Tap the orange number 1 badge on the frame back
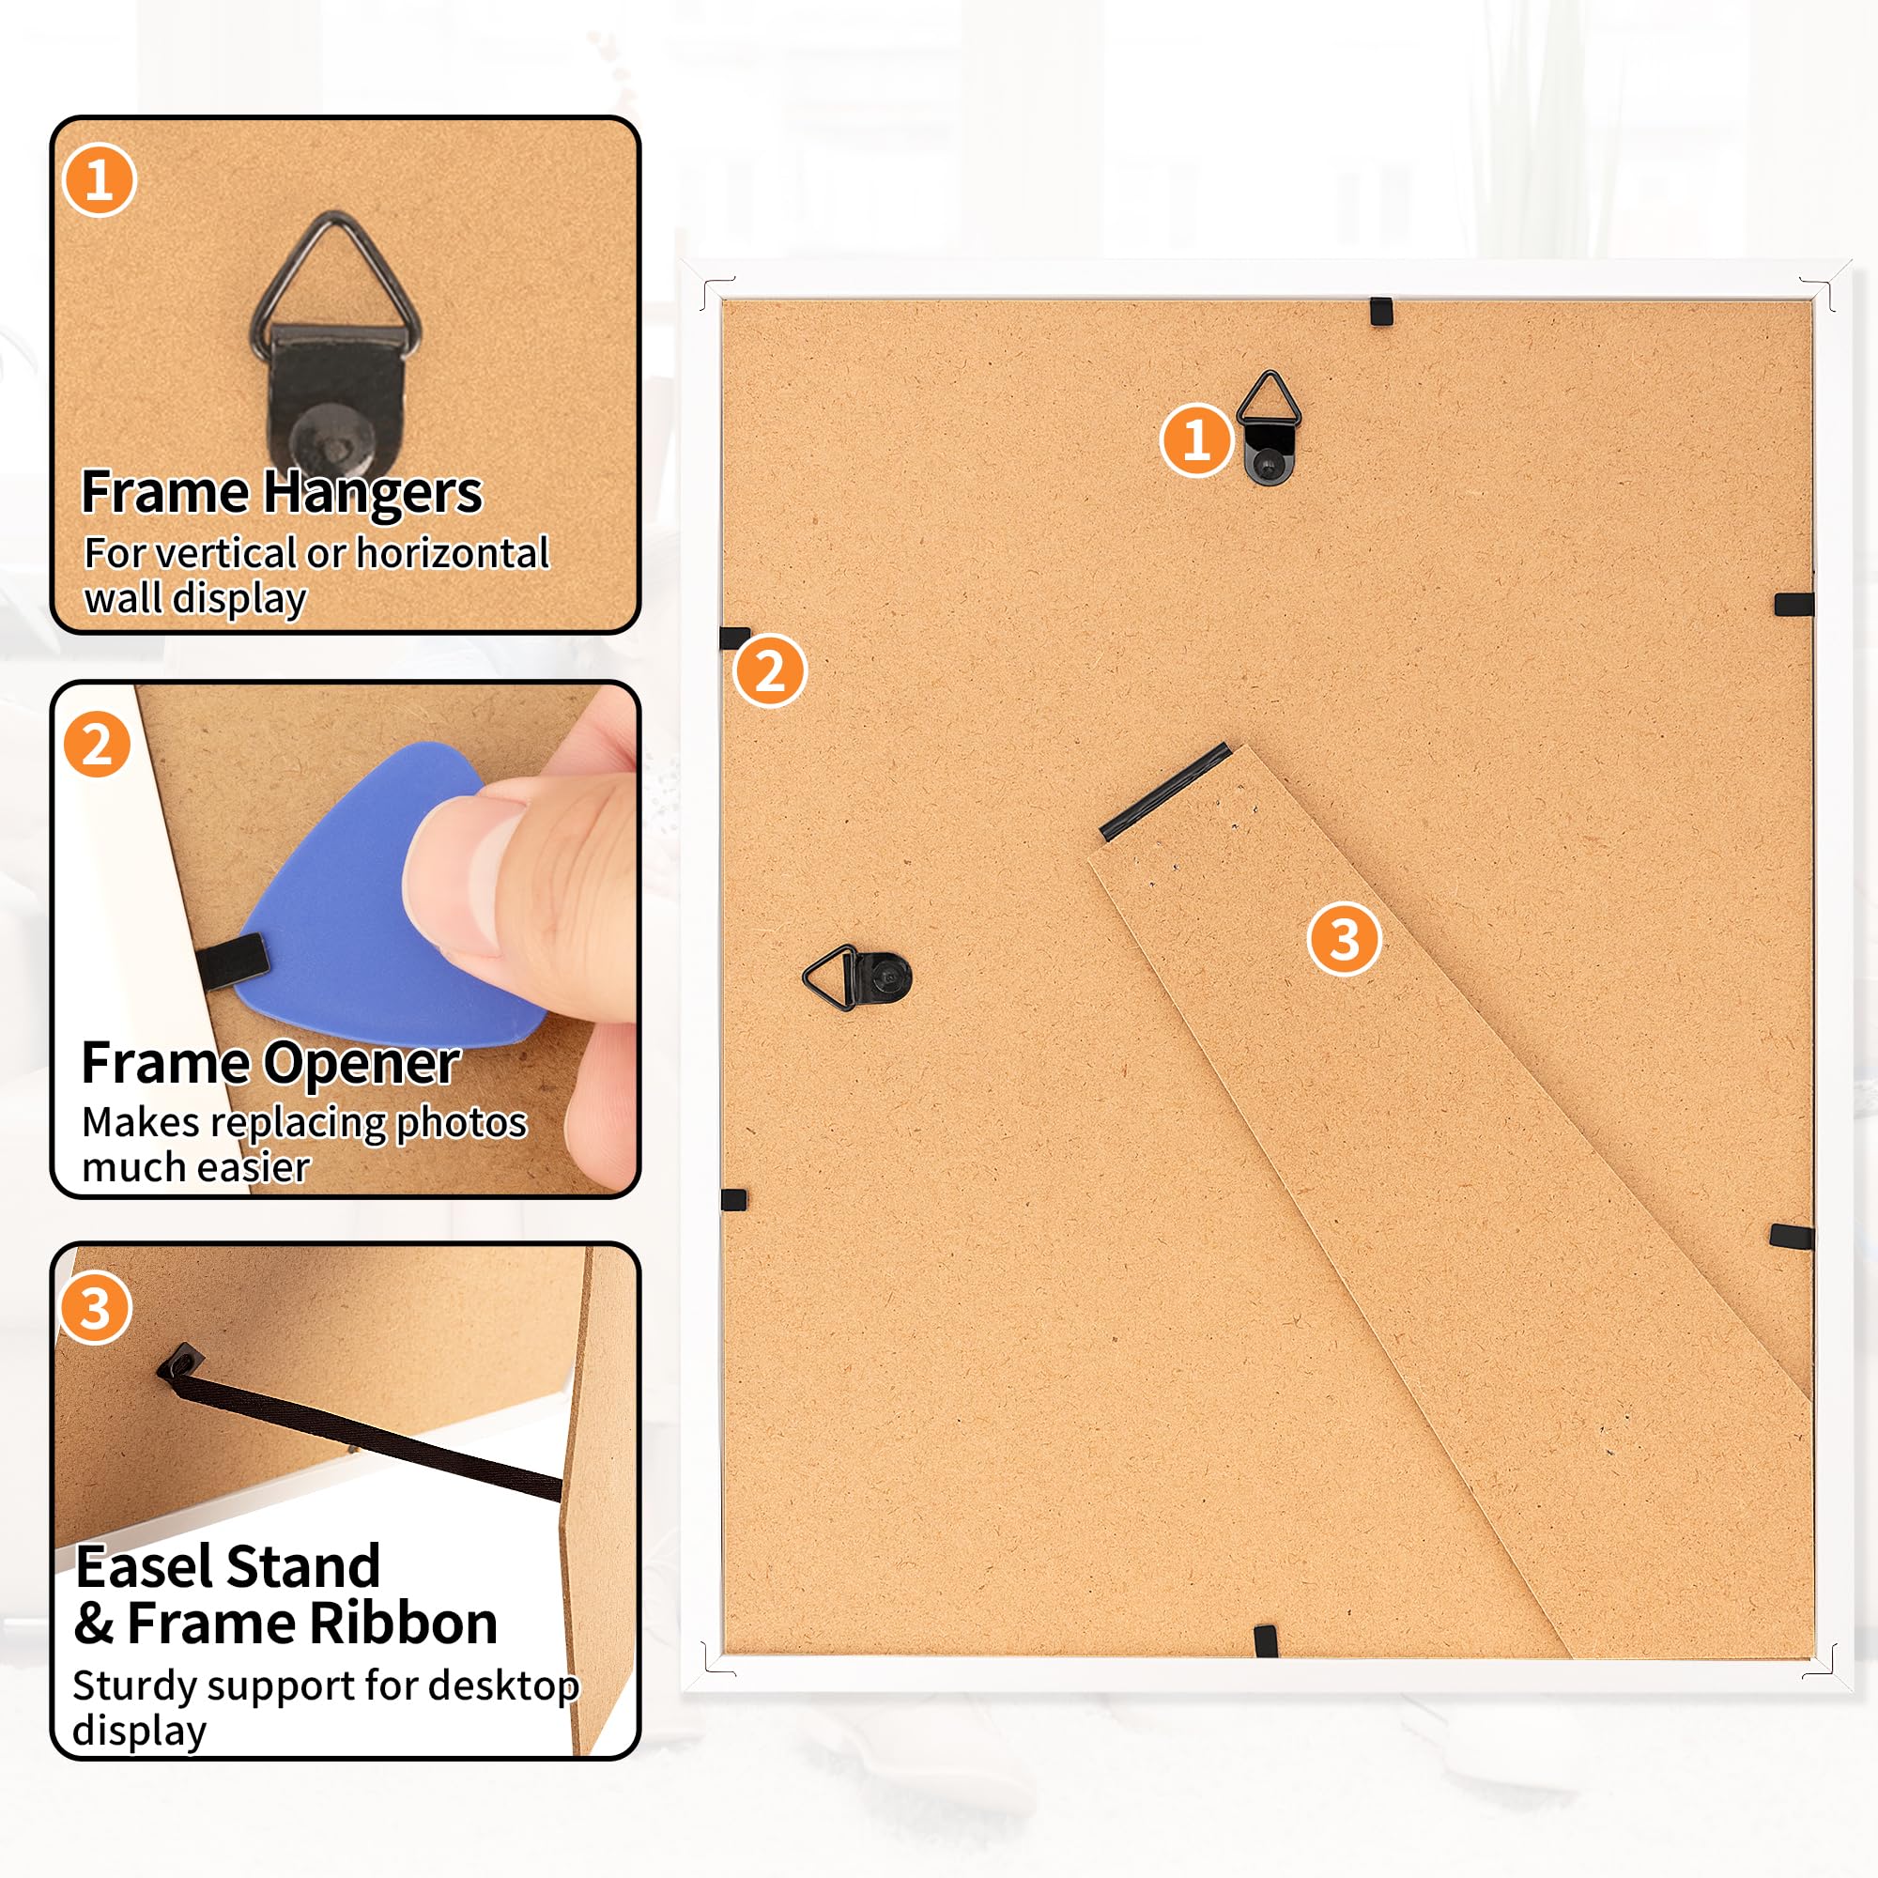pyautogui.click(x=1195, y=439)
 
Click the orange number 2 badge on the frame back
pyautogui.click(x=769, y=670)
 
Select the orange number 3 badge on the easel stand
pyautogui.click(x=1345, y=939)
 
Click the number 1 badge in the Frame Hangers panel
pyautogui.click(x=99, y=181)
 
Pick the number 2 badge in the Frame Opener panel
pyautogui.click(x=96, y=746)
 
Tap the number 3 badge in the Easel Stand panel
pyautogui.click(x=94, y=1308)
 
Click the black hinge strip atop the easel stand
pyautogui.click(x=1165, y=792)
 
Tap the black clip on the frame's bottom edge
pyautogui.click(x=1265, y=1641)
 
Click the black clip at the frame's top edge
pyautogui.click(x=1380, y=311)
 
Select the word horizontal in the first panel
pyautogui.click(x=452, y=553)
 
